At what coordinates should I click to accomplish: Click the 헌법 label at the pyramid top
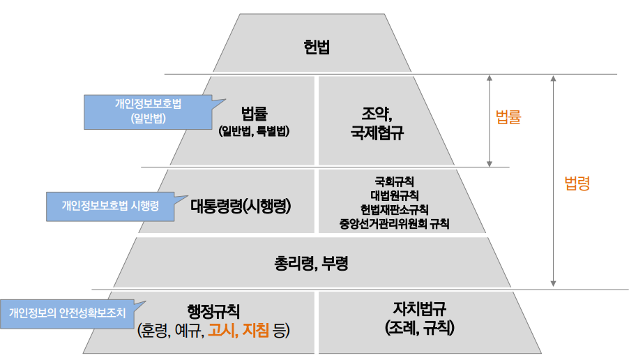pyautogui.click(x=317, y=48)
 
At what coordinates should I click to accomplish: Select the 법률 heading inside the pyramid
pyautogui.click(x=255, y=113)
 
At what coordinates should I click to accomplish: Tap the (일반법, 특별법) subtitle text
pyautogui.click(x=254, y=130)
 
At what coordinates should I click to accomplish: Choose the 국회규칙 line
pyautogui.click(x=394, y=181)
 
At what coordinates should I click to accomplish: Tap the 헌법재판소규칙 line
pyautogui.click(x=394, y=209)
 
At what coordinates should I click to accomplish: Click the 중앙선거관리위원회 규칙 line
pyautogui.click(x=394, y=223)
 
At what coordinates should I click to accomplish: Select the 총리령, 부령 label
pyautogui.click(x=311, y=264)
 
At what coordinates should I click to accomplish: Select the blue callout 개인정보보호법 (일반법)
pyautogui.click(x=147, y=111)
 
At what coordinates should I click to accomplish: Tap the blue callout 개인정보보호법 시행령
pyautogui.click(x=110, y=207)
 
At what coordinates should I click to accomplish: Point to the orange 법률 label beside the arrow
pyautogui.click(x=508, y=118)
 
